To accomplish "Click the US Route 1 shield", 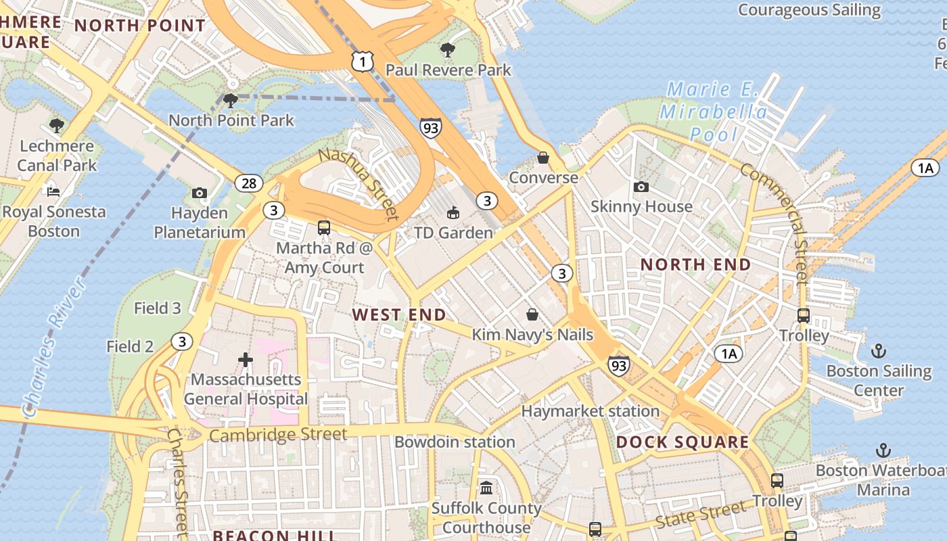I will [363, 62].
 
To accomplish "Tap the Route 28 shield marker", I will [249, 183].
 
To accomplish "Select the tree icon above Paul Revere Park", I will [447, 49].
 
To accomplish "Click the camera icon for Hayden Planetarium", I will [199, 193].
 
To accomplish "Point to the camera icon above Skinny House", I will [641, 187].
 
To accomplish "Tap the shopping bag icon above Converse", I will [543, 158].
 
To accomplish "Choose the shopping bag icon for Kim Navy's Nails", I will [532, 314].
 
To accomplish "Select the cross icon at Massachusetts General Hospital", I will [246, 360].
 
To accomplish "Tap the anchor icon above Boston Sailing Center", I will [878, 351].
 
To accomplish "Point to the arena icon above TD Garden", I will [453, 213].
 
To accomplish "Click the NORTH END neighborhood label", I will [695, 264].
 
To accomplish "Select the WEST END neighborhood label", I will [399, 314].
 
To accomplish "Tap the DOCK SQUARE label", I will [683, 442].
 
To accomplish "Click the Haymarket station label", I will [590, 411].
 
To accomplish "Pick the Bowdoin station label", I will [455, 442].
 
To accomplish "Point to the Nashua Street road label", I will [358, 183].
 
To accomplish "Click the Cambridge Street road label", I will [277, 434].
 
